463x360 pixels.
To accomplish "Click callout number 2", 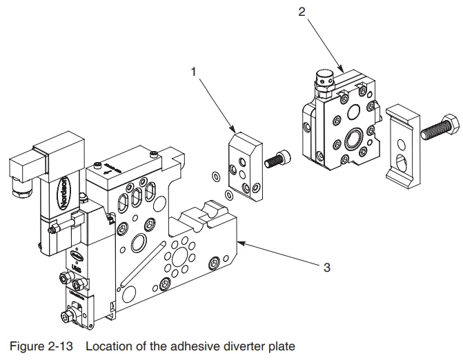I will [302, 12].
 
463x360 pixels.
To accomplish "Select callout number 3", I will [327, 268].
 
